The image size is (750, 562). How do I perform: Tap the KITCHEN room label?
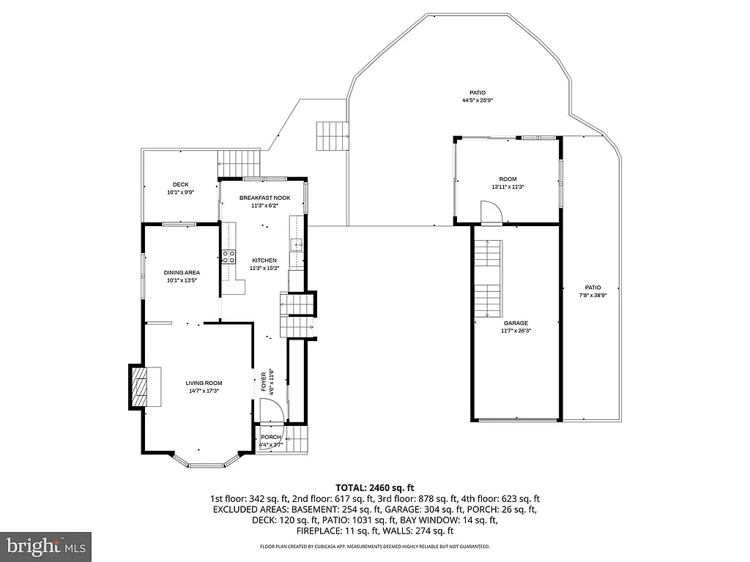click(x=264, y=261)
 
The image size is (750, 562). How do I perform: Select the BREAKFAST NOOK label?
click(x=264, y=198)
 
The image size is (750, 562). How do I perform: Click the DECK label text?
click(x=180, y=184)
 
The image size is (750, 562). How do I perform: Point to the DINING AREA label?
click(x=182, y=272)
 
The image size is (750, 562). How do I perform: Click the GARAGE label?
click(x=516, y=323)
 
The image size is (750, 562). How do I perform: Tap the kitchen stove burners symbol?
click(x=229, y=256)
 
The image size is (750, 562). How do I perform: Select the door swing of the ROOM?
click(x=491, y=213)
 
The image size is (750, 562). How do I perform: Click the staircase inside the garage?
click(x=490, y=278)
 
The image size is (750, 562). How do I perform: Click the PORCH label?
click(x=271, y=438)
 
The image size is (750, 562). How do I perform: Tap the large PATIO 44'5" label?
click(x=478, y=92)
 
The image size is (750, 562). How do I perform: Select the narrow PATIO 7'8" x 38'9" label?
click(x=593, y=288)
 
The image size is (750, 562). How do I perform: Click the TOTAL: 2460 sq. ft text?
click(x=375, y=487)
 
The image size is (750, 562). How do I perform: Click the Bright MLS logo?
click(x=46, y=546)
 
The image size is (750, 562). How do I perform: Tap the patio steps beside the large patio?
click(x=331, y=135)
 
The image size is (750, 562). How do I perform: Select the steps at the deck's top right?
click(x=240, y=162)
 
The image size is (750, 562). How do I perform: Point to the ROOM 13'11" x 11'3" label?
click(x=508, y=179)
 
